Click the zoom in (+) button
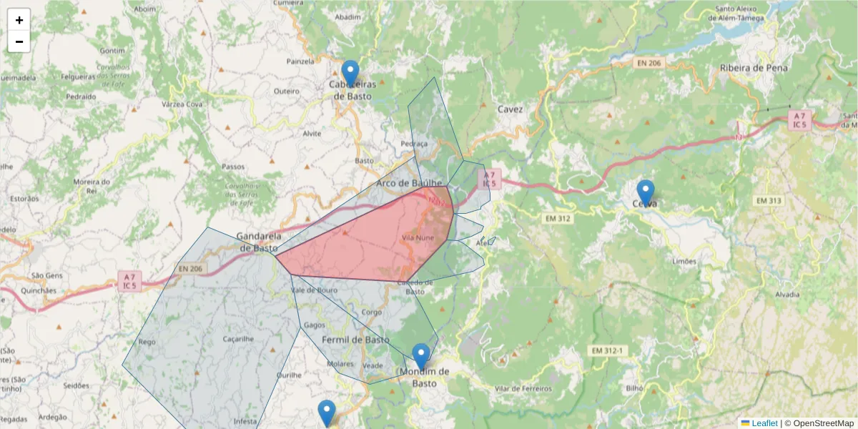pos(19,20)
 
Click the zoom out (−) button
pos(19,41)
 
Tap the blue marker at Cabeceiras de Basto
pos(350,74)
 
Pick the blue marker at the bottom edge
pos(327,413)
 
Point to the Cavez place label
pos(510,109)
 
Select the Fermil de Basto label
pos(355,339)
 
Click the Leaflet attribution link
pos(764,423)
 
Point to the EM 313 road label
pos(769,201)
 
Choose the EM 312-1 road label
pos(608,350)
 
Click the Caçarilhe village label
pos(239,338)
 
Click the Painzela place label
pos(300,61)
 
